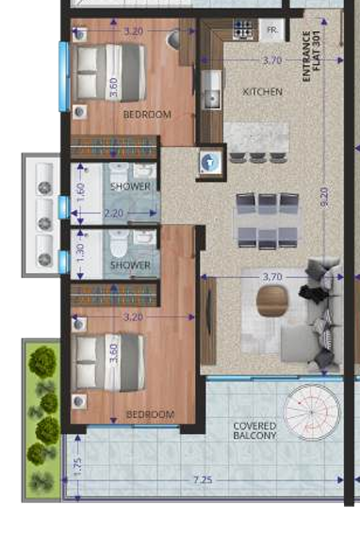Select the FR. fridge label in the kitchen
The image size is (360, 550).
272,30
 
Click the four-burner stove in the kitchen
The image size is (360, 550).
243,31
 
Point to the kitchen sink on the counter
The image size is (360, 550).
207,94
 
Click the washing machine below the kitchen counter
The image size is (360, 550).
207,161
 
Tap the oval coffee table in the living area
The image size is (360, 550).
271,299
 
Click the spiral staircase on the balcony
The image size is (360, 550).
314,412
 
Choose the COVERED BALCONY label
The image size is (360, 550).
254,430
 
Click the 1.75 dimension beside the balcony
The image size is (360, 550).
77,464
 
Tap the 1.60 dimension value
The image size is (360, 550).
80,191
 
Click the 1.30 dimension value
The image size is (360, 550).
80,251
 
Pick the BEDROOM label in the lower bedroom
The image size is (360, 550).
150,414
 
